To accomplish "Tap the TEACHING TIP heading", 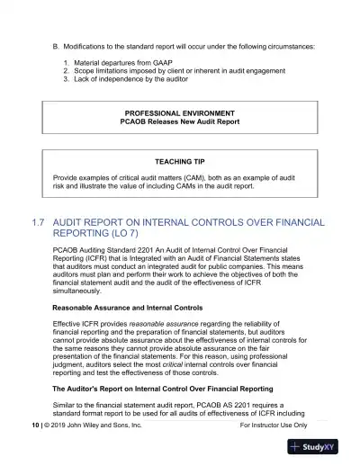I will pyautogui.click(x=179, y=161).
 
